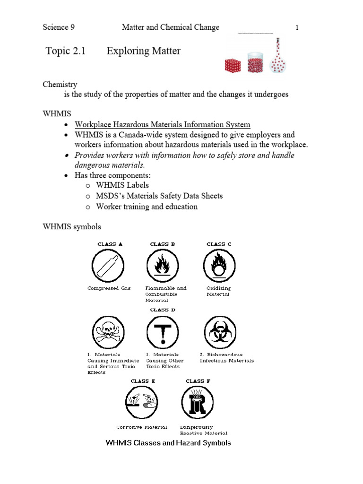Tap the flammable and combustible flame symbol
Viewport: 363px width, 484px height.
[x=163, y=266]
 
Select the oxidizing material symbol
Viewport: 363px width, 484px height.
[x=219, y=266]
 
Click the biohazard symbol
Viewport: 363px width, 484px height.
[x=219, y=332]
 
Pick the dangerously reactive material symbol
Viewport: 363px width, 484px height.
[x=197, y=403]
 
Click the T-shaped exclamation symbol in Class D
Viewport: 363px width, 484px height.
[x=163, y=332]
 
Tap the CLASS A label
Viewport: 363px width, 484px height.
[x=110, y=244]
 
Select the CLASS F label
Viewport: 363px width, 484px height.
[x=198, y=381]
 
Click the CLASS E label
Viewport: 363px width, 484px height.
[x=143, y=381]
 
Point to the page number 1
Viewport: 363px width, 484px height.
[x=297, y=27]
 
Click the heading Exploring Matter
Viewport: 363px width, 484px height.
[x=144, y=51]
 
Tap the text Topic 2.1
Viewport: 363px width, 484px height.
[x=66, y=51]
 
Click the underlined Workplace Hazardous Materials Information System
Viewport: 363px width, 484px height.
[x=163, y=125]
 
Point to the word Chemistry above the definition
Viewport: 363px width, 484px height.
[x=60, y=84]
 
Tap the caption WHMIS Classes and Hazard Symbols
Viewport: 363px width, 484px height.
[x=168, y=443]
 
